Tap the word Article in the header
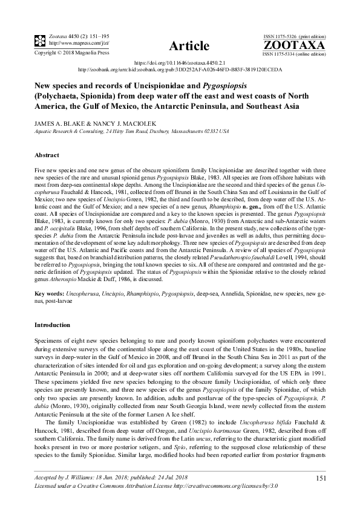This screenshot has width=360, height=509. point(189,47)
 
